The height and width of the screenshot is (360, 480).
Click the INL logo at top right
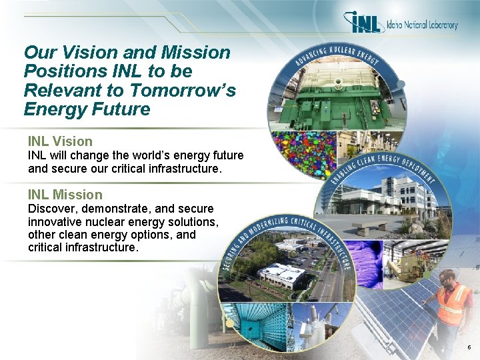click(x=365, y=23)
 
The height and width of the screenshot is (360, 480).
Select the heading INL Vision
click(x=60, y=141)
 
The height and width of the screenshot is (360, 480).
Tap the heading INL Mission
click(x=65, y=195)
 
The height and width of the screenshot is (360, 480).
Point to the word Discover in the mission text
click(x=51, y=209)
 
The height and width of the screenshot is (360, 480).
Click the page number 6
click(x=469, y=348)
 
